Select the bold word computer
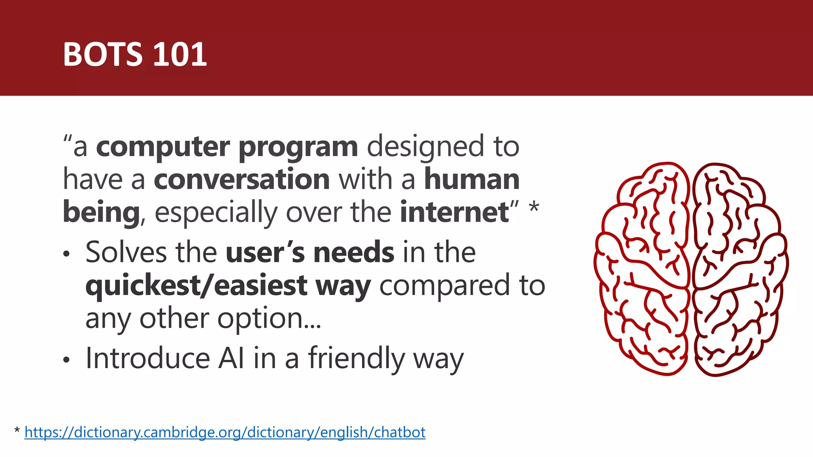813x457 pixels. [163, 147]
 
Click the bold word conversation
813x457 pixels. [242, 179]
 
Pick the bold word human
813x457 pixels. [472, 179]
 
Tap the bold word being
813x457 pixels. [101, 213]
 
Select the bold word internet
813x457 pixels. [454, 212]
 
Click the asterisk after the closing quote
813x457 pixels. [534, 207]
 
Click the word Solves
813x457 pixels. [126, 252]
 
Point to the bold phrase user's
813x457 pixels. [265, 252]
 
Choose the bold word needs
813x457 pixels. [354, 252]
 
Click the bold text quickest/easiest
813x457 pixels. [196, 286]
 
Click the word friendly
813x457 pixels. [356, 358]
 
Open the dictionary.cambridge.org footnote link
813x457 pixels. [225, 432]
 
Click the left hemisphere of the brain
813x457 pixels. [643, 270]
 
